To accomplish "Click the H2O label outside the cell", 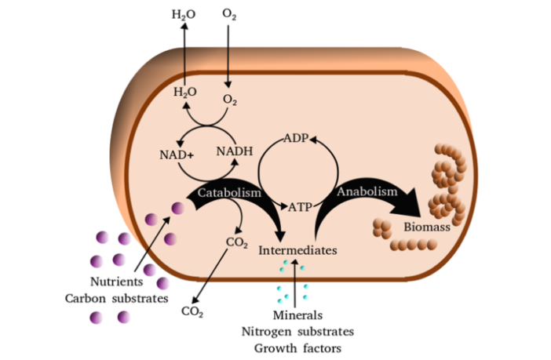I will [184, 14].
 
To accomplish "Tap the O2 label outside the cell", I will [229, 14].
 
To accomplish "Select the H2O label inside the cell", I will [184, 92].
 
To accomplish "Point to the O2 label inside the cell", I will [229, 100].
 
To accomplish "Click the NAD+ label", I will [176, 154].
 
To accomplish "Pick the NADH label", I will [235, 151].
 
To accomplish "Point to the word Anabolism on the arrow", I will [367, 190].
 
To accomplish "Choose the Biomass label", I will [426, 227].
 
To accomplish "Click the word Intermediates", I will [297, 250].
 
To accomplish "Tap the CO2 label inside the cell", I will [237, 242].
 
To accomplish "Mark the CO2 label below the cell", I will [192, 311].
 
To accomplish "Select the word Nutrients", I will [115, 282].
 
